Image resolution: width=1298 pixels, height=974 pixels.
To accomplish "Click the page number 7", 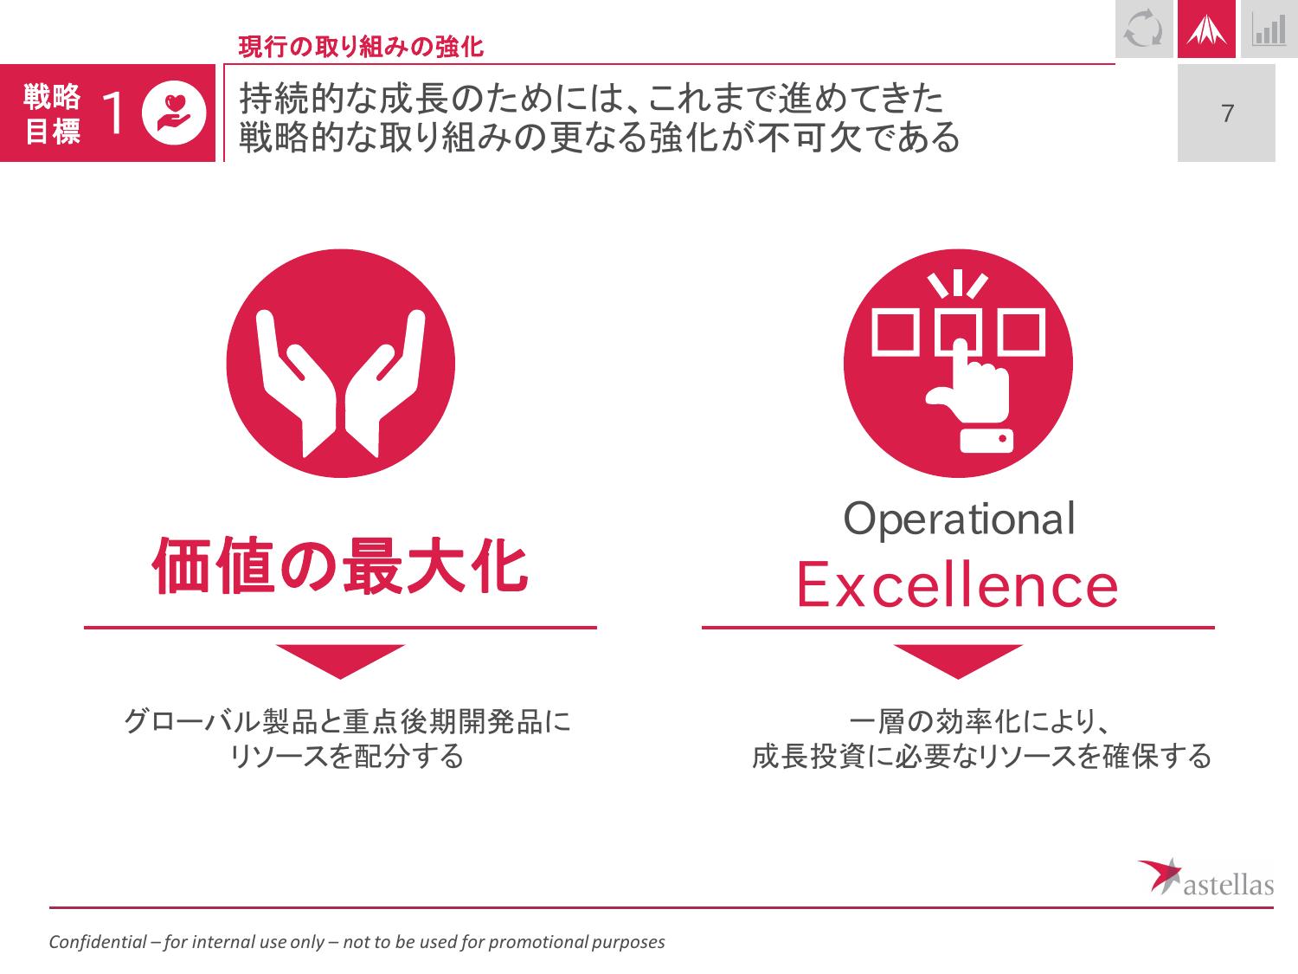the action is click(x=1227, y=113).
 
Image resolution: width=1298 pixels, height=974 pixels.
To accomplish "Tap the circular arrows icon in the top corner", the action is click(x=1144, y=29).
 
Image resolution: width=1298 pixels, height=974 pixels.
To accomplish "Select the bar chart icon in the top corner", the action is click(x=1269, y=30).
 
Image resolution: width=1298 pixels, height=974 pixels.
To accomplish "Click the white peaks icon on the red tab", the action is click(x=1206, y=29).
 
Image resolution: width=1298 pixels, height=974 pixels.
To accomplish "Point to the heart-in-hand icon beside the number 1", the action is click(x=174, y=113).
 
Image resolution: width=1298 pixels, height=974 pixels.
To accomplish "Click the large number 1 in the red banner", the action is click(x=112, y=113).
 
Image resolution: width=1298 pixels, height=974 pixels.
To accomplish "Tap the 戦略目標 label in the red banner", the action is click(x=52, y=113).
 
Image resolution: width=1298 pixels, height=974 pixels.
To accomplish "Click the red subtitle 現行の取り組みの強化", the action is click(x=361, y=47).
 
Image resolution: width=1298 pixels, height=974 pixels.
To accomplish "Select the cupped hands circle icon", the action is click(x=341, y=363).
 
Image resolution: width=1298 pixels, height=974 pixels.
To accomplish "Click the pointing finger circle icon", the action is click(x=958, y=363).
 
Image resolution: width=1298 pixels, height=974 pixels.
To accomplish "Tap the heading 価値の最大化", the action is click(x=340, y=566).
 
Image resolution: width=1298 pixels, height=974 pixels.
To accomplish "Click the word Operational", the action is click(x=959, y=519).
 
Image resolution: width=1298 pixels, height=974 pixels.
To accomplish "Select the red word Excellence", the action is click(x=957, y=584).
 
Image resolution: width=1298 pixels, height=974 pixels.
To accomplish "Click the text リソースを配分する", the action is click(x=346, y=756).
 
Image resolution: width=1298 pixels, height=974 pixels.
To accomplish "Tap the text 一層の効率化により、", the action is click(x=979, y=721).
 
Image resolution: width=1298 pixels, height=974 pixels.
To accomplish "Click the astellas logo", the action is click(x=1205, y=877).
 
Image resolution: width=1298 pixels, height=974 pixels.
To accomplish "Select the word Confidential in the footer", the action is click(x=98, y=941).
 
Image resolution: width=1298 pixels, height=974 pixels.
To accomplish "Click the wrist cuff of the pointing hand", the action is click(x=986, y=441).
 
